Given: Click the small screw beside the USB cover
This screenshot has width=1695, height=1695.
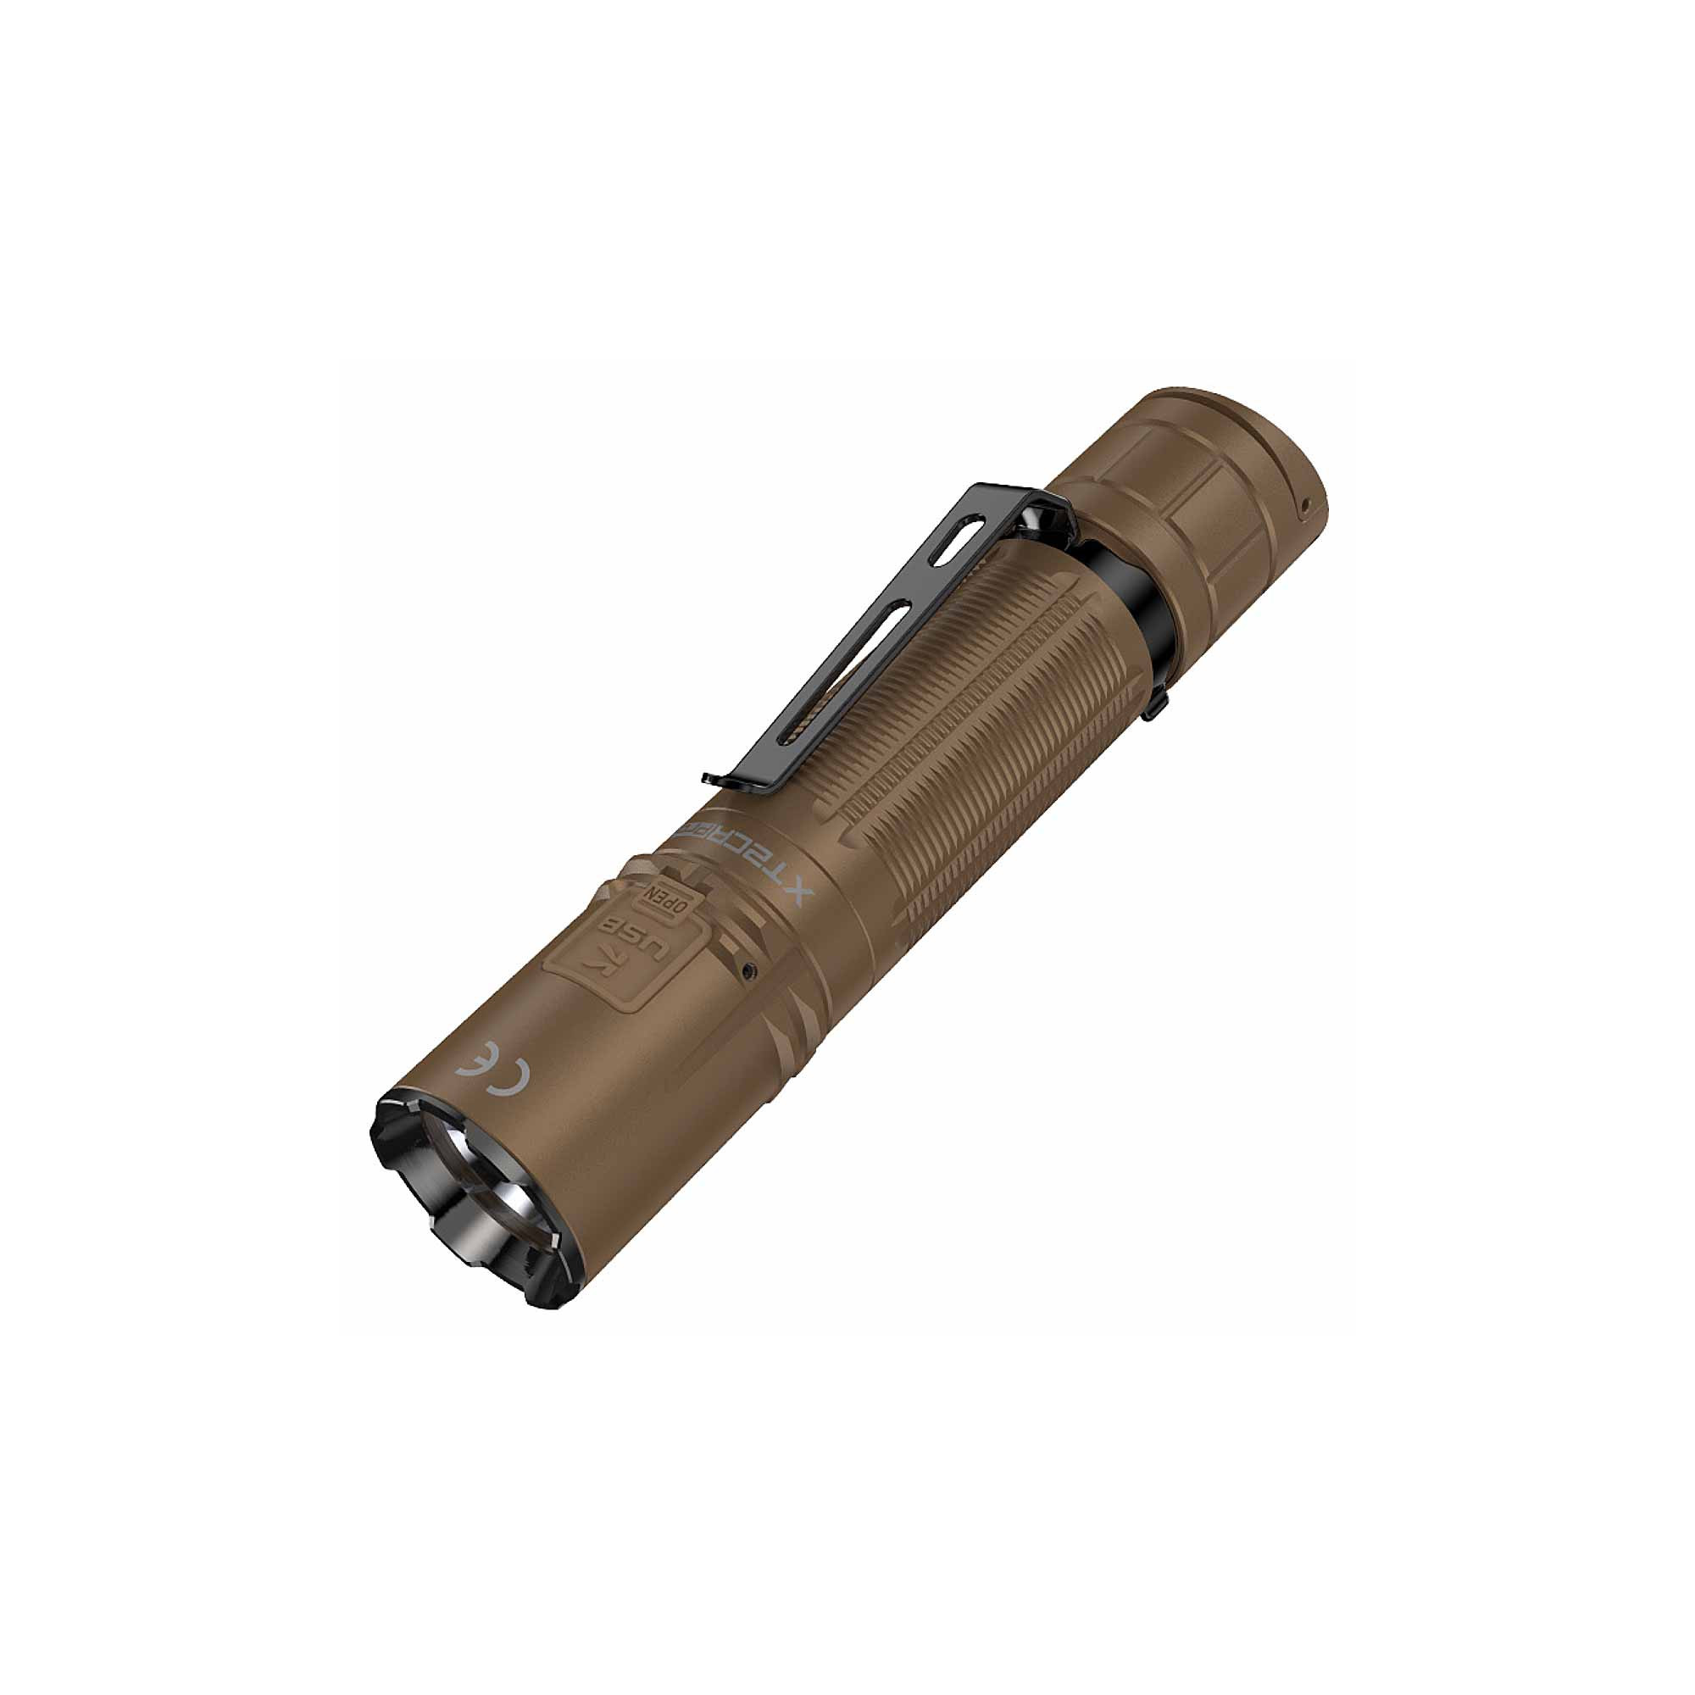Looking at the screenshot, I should [x=747, y=970].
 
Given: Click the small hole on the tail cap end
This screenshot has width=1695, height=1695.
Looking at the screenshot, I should [x=1304, y=503].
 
